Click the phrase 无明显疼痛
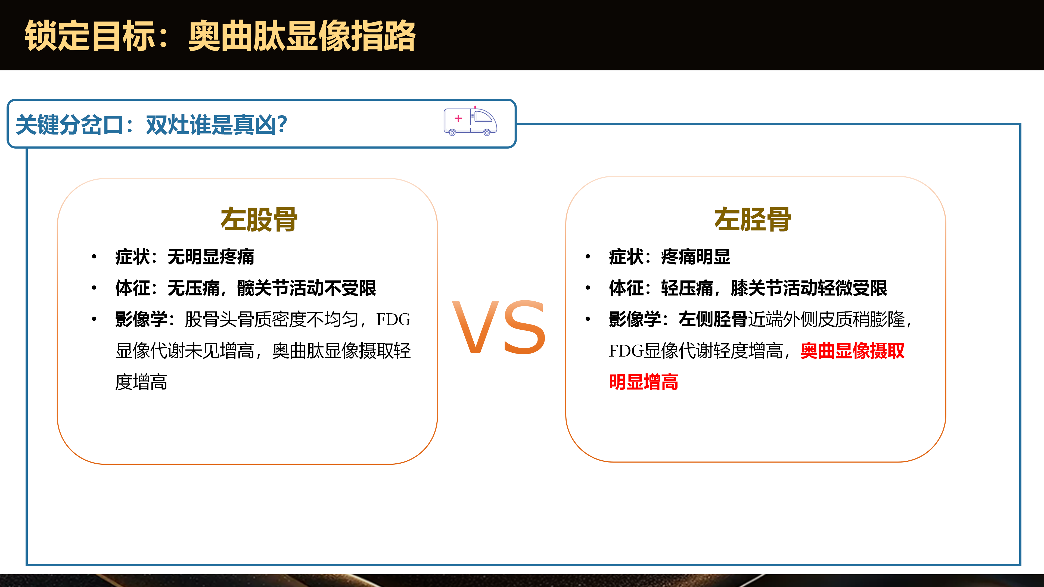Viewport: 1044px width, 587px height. [x=211, y=257]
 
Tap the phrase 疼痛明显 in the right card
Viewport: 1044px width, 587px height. [x=695, y=257]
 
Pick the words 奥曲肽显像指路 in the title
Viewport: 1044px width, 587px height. [x=302, y=36]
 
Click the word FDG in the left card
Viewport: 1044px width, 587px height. [x=393, y=320]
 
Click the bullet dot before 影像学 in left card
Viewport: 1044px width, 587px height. [x=94, y=319]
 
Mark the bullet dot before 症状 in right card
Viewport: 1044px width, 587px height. [x=588, y=257]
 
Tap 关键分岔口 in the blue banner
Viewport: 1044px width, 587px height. [x=69, y=124]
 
